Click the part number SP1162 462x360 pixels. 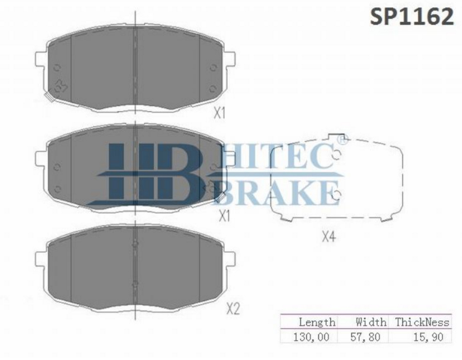tap(412, 16)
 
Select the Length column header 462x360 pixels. tap(317, 322)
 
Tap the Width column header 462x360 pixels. tap(371, 322)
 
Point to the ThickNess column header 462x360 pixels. tap(422, 322)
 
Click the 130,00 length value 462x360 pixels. tap(311, 337)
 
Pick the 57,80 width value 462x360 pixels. tap(365, 337)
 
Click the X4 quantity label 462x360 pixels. tap(328, 236)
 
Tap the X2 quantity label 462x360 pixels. tap(233, 309)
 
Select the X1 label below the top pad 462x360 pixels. tap(219, 113)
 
